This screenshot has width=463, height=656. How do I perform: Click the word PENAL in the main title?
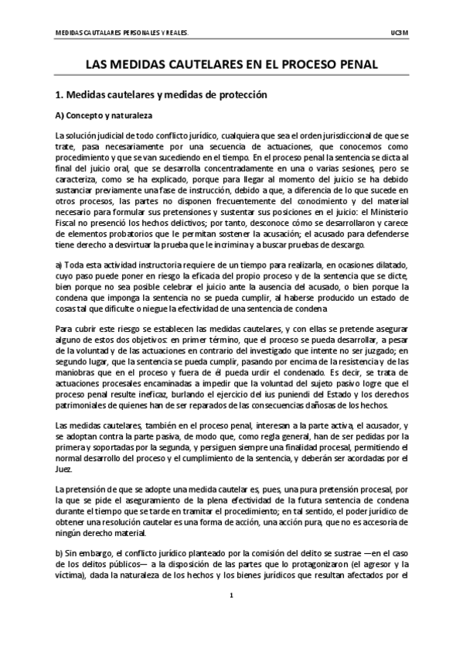click(352, 66)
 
